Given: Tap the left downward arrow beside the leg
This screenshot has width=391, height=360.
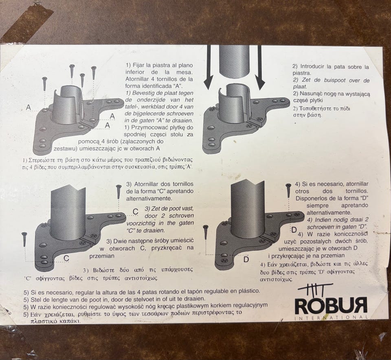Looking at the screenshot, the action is (x=209, y=68).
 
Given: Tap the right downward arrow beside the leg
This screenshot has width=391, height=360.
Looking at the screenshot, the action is (x=259, y=68).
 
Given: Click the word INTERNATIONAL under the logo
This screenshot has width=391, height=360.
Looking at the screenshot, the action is (x=331, y=317).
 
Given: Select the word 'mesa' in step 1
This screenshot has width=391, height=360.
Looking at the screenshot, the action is (x=185, y=72).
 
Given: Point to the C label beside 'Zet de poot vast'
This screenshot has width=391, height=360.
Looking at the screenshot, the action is (x=135, y=212).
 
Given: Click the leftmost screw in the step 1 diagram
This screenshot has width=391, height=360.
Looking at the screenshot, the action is (x=45, y=84).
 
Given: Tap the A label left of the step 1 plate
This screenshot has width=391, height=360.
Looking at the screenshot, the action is (x=29, y=107).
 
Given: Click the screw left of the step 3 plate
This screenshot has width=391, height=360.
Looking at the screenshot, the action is (x=24, y=239).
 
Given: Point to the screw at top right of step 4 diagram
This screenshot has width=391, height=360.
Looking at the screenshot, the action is (x=288, y=190).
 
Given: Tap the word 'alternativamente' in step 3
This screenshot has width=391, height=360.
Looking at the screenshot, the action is (x=149, y=199).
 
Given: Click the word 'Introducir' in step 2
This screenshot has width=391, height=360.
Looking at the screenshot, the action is (x=312, y=66).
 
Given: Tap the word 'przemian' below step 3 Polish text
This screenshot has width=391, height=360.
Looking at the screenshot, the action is (x=102, y=256).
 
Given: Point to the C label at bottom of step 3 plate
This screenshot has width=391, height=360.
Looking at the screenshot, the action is (x=66, y=258).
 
